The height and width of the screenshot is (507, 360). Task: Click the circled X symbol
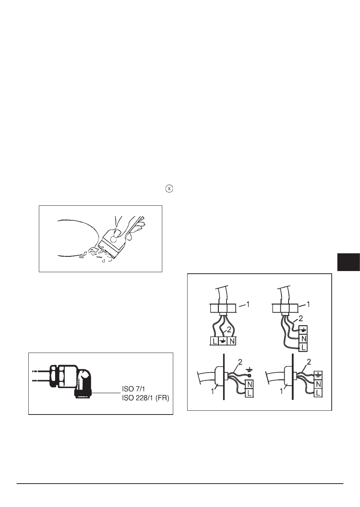169,188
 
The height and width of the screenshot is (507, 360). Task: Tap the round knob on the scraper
113,239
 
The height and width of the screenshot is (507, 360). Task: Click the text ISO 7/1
134,389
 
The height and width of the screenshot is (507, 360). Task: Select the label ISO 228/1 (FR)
146,398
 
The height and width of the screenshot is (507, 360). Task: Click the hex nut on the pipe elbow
54,376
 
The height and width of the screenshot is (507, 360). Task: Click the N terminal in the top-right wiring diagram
303,339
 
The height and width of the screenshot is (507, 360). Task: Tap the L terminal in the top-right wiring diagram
303,347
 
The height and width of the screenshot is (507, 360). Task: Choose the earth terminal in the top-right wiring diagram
303,330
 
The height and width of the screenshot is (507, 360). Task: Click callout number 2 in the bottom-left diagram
240,362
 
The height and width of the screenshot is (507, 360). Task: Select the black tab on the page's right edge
348,262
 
